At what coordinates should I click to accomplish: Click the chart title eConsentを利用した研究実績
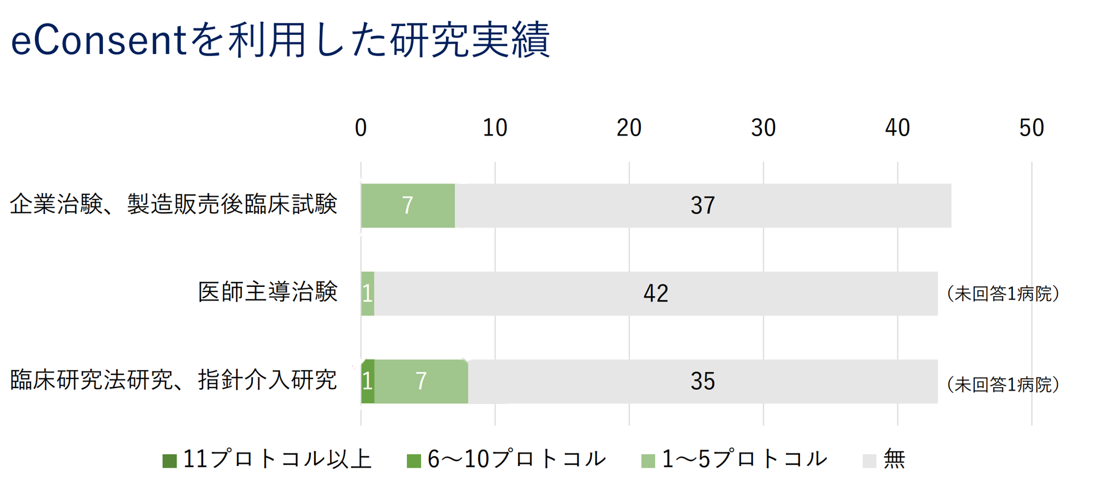pos(280,40)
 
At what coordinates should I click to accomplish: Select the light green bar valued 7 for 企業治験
pos(407,206)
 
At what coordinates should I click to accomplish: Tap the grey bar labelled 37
pos(703,206)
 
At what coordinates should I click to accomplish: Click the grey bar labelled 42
pos(656,294)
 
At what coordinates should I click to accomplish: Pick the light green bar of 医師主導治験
pos(368,294)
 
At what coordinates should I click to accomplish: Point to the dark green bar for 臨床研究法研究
pos(368,382)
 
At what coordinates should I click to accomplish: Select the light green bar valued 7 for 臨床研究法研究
pos(421,382)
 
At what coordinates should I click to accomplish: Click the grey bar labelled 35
pos(703,382)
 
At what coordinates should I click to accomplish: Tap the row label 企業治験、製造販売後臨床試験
pos(174,205)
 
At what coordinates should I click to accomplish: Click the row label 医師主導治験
pos(267,293)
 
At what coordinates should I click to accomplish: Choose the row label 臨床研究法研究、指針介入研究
pos(174,381)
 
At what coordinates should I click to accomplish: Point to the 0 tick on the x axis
pos(361,128)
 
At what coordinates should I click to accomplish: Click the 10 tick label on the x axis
pos(495,128)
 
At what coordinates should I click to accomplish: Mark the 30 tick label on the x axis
pos(763,128)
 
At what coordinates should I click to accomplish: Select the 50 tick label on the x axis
pos(1031,128)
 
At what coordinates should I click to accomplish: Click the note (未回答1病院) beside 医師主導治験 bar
pos(1003,294)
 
